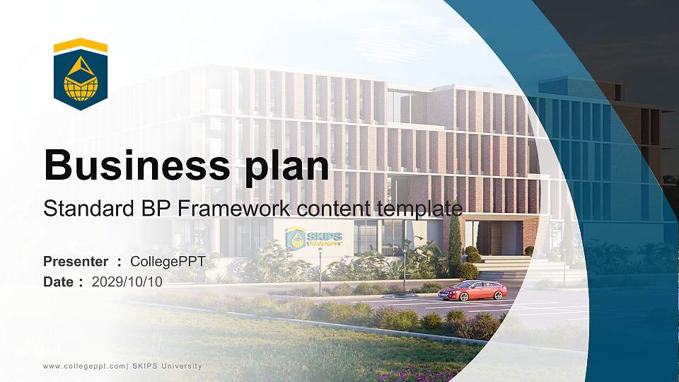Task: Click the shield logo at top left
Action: [x=81, y=74]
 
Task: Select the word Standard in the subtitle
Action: [x=79, y=209]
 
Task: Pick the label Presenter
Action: [x=76, y=262]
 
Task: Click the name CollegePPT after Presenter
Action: [x=168, y=262]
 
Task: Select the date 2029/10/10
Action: [x=127, y=282]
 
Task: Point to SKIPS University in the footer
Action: [x=167, y=366]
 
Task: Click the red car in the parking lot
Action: [x=472, y=290]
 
